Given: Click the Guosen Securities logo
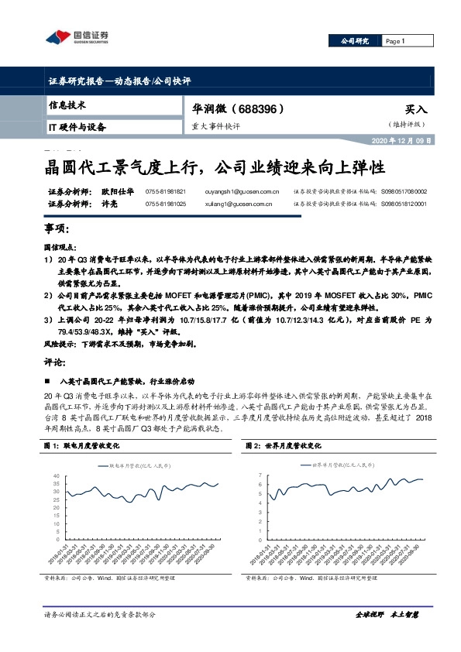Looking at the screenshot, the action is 77,36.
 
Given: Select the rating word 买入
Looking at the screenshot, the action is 415,110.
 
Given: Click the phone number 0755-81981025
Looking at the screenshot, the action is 166,204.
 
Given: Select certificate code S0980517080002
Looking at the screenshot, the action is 404,190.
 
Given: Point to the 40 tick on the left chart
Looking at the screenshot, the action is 55,475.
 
